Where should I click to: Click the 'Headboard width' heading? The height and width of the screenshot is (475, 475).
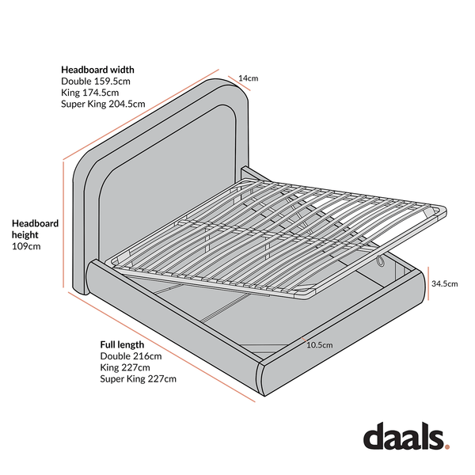coord(97,70)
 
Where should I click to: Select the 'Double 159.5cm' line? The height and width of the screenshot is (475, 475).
coord(96,82)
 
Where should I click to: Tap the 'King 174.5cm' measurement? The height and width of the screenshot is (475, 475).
coord(90,93)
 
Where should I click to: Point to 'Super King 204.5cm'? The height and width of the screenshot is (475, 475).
coord(103,104)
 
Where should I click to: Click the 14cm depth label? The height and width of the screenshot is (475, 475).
coord(249,78)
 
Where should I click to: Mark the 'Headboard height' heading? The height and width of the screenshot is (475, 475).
coord(35,229)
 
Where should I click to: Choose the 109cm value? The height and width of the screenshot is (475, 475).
coord(26,246)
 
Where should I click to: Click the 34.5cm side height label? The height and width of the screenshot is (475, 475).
coord(444,284)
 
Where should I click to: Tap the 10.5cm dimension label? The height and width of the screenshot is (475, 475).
coord(320,345)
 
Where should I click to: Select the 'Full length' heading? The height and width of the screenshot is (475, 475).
coord(122,344)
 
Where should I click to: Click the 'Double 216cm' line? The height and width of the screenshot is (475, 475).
coord(131,356)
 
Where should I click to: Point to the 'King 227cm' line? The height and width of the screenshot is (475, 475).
coord(125,367)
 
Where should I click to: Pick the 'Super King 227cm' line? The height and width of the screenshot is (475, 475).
coord(138,379)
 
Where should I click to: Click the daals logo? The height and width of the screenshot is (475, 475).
coord(406,436)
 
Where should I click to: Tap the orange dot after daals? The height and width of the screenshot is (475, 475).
coord(446,446)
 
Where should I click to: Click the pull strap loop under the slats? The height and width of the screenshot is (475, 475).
coord(381,262)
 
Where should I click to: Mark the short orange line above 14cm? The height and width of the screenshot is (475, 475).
coord(239,83)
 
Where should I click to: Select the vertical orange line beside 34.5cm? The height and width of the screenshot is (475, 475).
coord(428,283)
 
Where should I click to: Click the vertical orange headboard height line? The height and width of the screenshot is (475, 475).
coord(63,224)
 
